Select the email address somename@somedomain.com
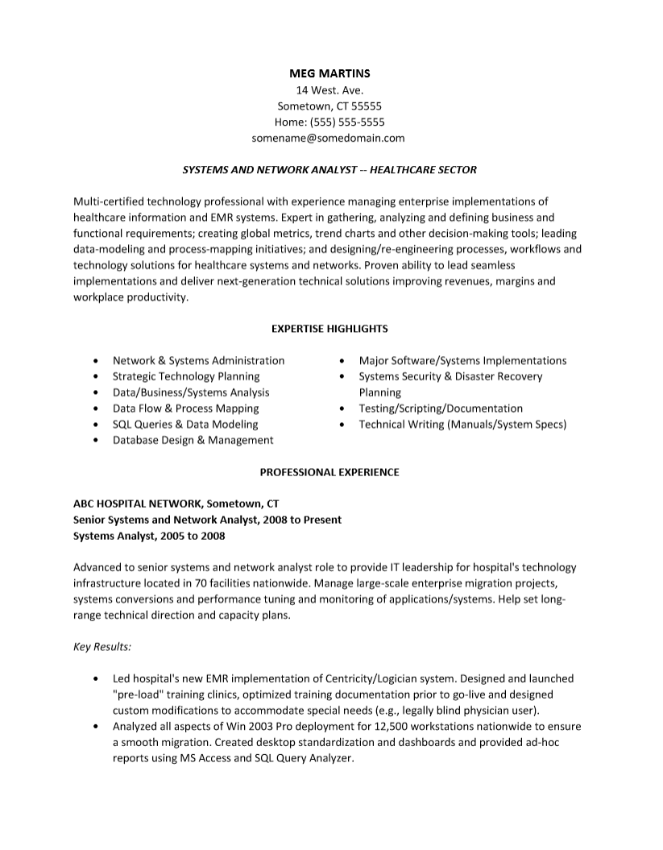click(x=328, y=138)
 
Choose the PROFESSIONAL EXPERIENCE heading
click(x=329, y=472)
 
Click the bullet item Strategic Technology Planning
click(x=186, y=376)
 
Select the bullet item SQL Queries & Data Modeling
click(x=185, y=424)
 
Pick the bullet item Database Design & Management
click(x=193, y=440)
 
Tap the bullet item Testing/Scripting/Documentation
click(x=441, y=408)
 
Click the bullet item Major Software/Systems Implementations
click(x=462, y=360)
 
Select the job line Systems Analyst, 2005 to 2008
click(x=149, y=536)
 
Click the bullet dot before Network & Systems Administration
click(x=97, y=361)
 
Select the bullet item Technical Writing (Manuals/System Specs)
click(x=462, y=424)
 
